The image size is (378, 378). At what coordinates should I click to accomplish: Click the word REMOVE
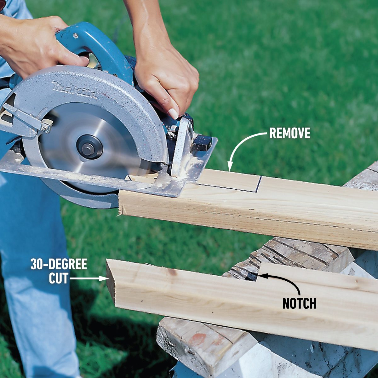(x=289, y=134)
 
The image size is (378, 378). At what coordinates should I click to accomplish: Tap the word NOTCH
(x=299, y=303)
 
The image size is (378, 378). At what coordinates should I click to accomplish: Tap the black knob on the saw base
(x=202, y=143)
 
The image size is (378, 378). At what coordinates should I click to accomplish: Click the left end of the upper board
(x=121, y=204)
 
